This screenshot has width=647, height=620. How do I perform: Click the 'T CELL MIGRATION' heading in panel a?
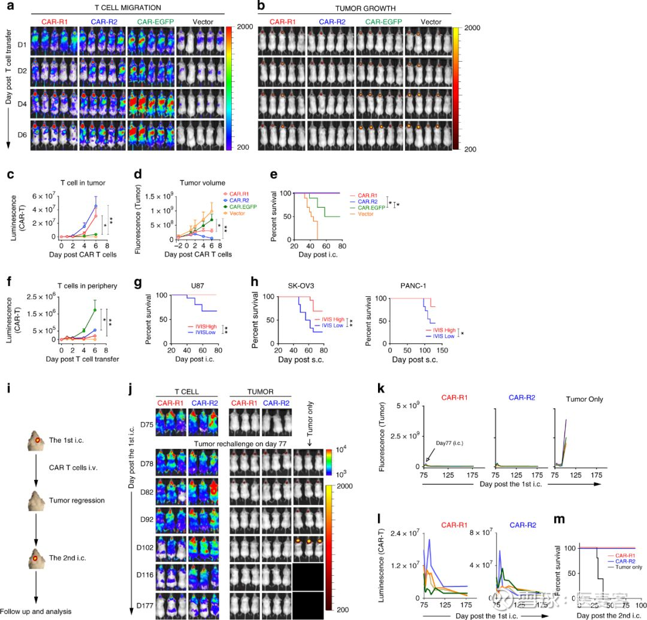(128, 7)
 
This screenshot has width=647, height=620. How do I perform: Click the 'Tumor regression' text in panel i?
(75, 500)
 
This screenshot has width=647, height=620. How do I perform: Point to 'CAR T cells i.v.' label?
(75, 462)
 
